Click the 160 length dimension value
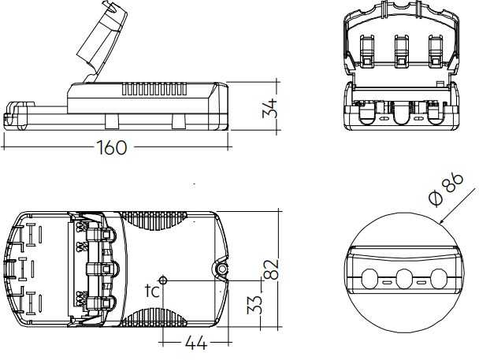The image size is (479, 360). tap(112, 147)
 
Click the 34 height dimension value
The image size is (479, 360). tap(270, 108)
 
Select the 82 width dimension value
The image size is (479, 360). tap(271, 269)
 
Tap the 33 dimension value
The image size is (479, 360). tap(254, 304)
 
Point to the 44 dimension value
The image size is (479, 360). tap(196, 343)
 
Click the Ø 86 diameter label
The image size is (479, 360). tap(446, 189)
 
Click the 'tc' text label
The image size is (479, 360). tap(152, 291)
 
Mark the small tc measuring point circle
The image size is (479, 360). tap(163, 280)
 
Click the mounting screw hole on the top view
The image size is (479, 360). tap(222, 269)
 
